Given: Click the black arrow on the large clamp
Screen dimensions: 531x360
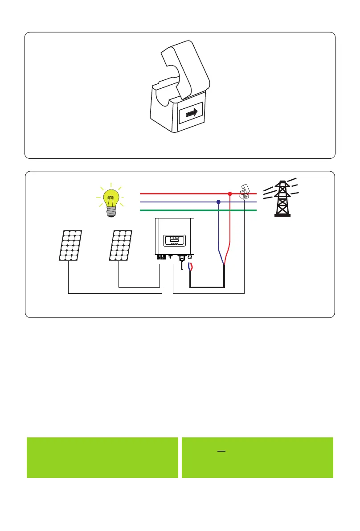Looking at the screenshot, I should (x=191, y=114).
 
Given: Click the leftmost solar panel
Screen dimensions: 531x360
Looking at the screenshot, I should (x=70, y=245).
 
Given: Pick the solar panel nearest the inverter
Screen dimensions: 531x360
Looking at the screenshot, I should (x=121, y=245).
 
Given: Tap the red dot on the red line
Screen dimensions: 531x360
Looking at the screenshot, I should (x=230, y=194).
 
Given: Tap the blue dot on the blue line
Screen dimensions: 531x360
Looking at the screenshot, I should (x=218, y=202).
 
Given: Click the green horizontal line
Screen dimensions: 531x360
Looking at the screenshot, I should (x=196, y=210).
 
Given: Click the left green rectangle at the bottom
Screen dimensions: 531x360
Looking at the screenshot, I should (x=102, y=457).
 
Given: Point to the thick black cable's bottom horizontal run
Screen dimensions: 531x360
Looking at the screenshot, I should (x=207, y=287).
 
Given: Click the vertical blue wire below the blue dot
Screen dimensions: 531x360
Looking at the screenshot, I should (x=218, y=227).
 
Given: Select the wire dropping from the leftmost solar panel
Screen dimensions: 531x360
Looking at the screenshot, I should (x=68, y=276).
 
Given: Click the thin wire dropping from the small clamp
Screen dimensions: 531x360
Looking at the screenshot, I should (x=245, y=250).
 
